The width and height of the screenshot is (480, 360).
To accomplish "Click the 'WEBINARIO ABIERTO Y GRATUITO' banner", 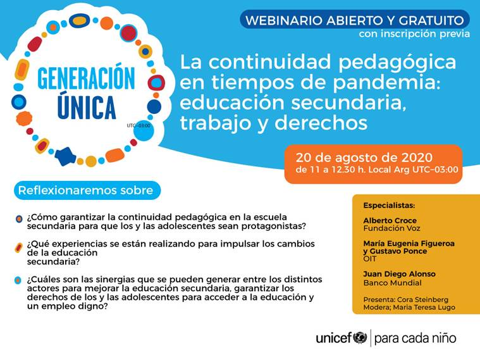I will tap(354, 19).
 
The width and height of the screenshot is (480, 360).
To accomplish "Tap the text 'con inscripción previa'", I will tap(414, 34).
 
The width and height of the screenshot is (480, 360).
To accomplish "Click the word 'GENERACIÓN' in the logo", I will tap(86, 79).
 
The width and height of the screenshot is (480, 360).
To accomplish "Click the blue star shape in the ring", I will tap(64, 156).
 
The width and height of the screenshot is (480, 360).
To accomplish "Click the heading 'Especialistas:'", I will tap(389, 206).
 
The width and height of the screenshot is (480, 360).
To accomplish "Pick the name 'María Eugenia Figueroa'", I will tap(409, 243).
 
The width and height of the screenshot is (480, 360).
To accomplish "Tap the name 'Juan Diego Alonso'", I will tap(399, 274).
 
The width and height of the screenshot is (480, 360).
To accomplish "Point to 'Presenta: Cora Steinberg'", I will tap(405, 299).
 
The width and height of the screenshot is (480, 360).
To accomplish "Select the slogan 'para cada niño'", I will tap(415, 338).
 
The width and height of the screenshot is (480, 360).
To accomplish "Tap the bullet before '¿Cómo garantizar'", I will tap(19, 220).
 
